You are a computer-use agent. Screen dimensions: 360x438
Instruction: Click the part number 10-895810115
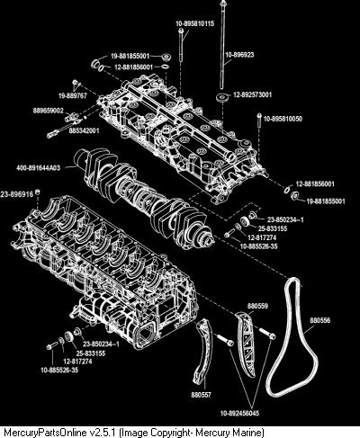click(195, 23)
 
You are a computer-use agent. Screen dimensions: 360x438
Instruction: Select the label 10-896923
click(239, 55)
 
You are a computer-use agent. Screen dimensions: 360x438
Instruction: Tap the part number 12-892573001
click(253, 95)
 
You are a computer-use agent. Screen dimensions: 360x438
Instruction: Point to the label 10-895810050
click(283, 119)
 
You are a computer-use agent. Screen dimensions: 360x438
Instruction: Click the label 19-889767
click(72, 95)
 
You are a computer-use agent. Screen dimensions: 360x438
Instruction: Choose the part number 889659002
click(49, 111)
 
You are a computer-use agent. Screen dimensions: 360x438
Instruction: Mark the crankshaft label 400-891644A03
click(38, 168)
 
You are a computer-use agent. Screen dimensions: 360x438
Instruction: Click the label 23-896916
click(17, 195)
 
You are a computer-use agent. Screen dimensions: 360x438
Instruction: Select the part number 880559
click(257, 306)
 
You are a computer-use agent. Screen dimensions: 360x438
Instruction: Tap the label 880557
click(201, 395)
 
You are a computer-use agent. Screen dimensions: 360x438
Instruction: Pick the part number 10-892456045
click(239, 413)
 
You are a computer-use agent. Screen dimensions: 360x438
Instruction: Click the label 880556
click(320, 320)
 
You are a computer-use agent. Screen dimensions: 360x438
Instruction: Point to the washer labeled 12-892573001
click(222, 98)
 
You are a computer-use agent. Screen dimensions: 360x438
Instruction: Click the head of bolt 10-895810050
click(259, 115)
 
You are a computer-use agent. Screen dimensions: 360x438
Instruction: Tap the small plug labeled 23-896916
click(38, 192)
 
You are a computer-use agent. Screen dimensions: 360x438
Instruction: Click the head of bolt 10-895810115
click(181, 31)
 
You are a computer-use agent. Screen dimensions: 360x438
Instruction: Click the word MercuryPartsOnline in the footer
click(46, 433)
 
